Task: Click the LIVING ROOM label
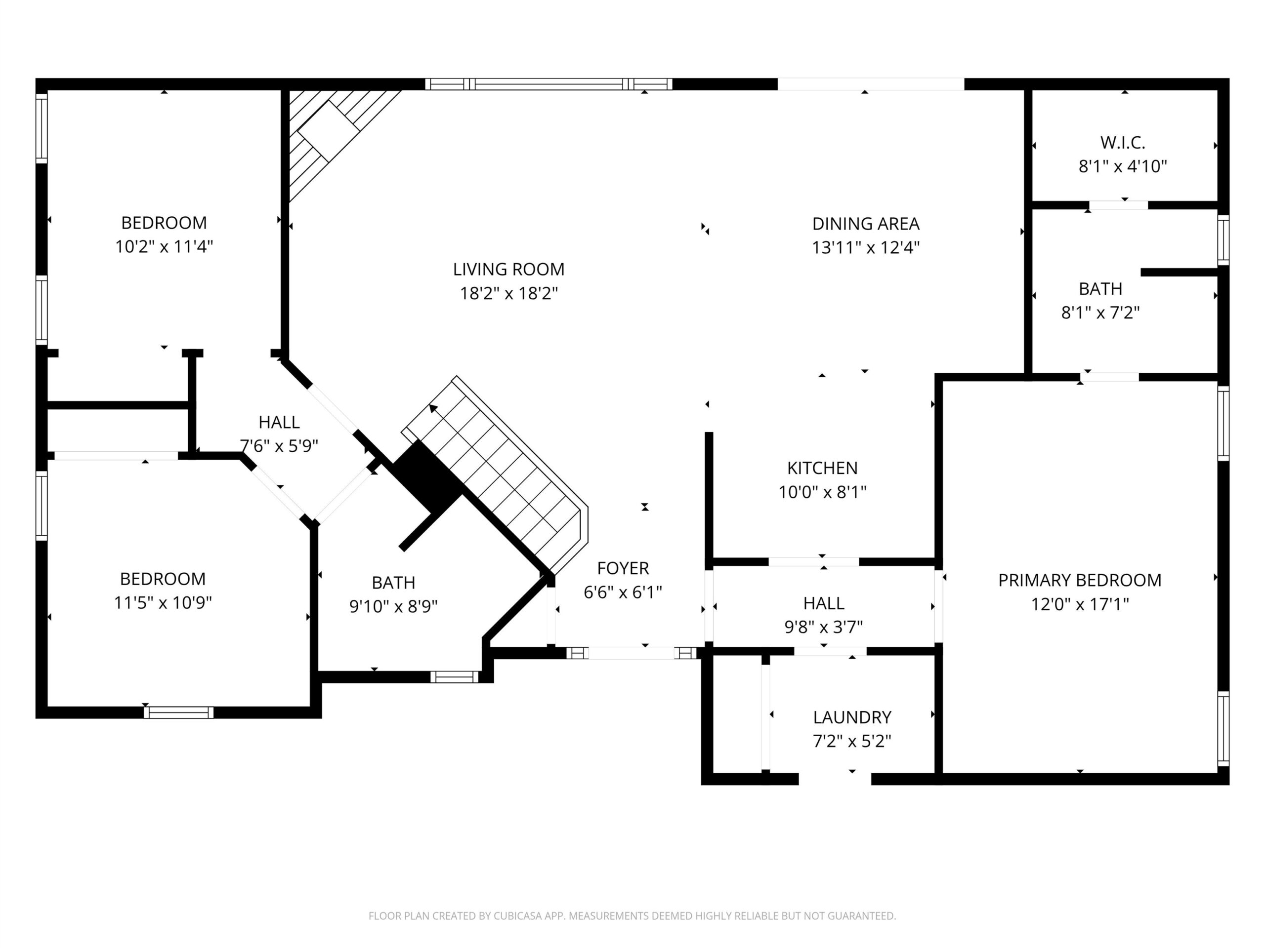click(508, 269)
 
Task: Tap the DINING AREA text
click(866, 224)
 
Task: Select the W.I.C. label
click(1123, 142)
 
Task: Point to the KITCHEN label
click(822, 468)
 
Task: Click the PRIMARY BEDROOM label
click(1080, 580)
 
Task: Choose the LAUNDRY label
click(852, 717)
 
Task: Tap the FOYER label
click(623, 568)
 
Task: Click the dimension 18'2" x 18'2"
click(509, 293)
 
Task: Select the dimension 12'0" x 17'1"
click(1080, 604)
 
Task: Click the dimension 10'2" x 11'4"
click(164, 246)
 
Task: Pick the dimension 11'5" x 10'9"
click(163, 602)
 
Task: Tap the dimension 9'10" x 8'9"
click(393, 606)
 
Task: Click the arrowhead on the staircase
click(433, 407)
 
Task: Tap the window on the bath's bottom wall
click(454, 676)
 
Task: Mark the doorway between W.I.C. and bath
click(1118, 205)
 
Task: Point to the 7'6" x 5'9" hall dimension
click(279, 446)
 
